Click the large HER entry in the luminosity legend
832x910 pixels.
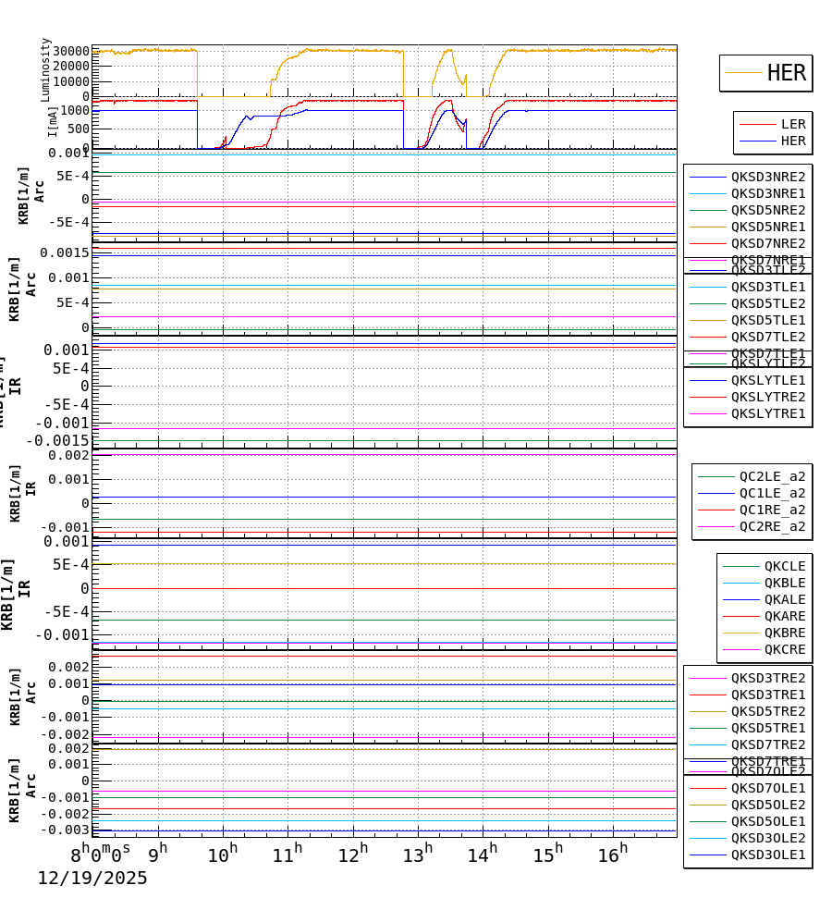pyautogui.click(x=786, y=73)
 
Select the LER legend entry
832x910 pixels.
pyautogui.click(x=792, y=124)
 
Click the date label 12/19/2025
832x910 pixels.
pyautogui.click(x=92, y=879)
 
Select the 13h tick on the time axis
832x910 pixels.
pyautogui.click(x=417, y=854)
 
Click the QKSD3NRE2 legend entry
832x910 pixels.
pyautogui.click(x=767, y=177)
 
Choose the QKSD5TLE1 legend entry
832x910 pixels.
pyautogui.click(x=767, y=320)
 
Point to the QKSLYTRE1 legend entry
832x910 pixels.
pyautogui.click(x=767, y=413)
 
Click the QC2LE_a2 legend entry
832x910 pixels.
pyautogui.click(x=771, y=476)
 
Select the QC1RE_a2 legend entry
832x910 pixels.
pyautogui.click(x=771, y=510)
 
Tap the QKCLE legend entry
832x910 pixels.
pyautogui.click(x=784, y=566)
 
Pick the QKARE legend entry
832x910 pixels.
pyautogui.click(x=784, y=616)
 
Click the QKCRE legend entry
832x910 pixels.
pyautogui.click(x=784, y=649)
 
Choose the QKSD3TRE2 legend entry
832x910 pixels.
pyautogui.click(x=767, y=678)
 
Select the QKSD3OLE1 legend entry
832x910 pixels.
pyautogui.click(x=767, y=855)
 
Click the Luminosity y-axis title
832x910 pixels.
pyautogui.click(x=45, y=68)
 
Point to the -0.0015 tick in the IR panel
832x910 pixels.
pyautogui.click(x=57, y=440)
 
